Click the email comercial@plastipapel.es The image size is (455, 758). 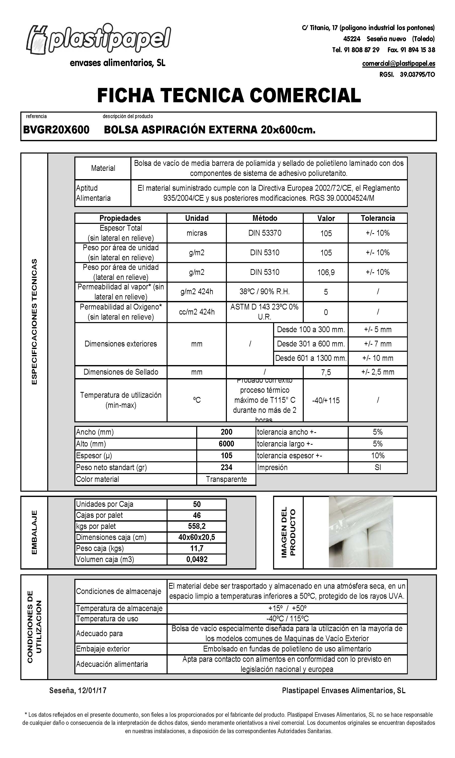point(398,64)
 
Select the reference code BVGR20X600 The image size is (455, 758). point(57,130)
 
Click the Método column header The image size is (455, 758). point(265,218)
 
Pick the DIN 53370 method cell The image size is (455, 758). point(265,233)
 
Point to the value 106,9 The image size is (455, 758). point(326,272)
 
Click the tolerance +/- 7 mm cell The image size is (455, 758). point(377,344)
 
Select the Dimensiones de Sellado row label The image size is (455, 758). point(121,372)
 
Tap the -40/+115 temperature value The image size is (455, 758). point(326,400)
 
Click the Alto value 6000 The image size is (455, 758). point(226,444)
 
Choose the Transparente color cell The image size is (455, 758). point(226,479)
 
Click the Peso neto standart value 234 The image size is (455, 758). point(226,467)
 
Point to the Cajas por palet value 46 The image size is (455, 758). point(196,515)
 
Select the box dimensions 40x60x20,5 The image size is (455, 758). point(196,537)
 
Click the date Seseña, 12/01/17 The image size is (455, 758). point(78,691)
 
